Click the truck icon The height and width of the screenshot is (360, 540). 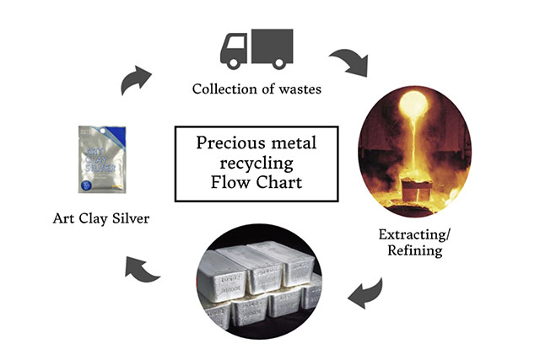coord(256,48)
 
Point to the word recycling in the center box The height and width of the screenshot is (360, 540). coord(256,162)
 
